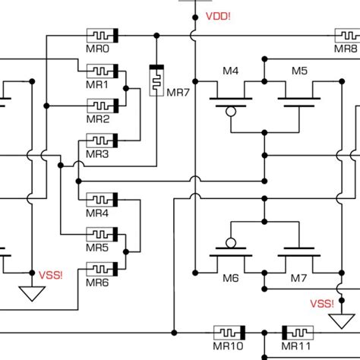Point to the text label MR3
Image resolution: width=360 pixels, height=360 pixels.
[97, 154]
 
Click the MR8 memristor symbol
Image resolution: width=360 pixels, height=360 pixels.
[346, 36]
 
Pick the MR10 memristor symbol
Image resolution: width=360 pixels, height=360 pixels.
[229, 333]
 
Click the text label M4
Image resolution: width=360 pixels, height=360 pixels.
[230, 71]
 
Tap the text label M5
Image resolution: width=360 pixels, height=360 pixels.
[299, 71]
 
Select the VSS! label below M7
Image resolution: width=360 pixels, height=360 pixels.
[322, 304]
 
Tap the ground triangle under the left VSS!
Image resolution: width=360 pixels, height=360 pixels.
[31, 293]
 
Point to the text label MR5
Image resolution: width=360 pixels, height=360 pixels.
[97, 248]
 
